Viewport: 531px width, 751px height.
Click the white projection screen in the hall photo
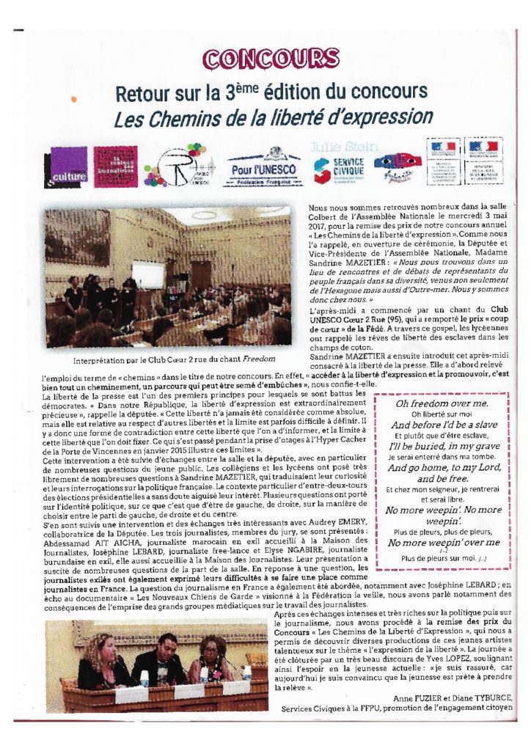(x=147, y=274)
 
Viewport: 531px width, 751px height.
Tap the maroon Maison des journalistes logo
(x=115, y=166)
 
